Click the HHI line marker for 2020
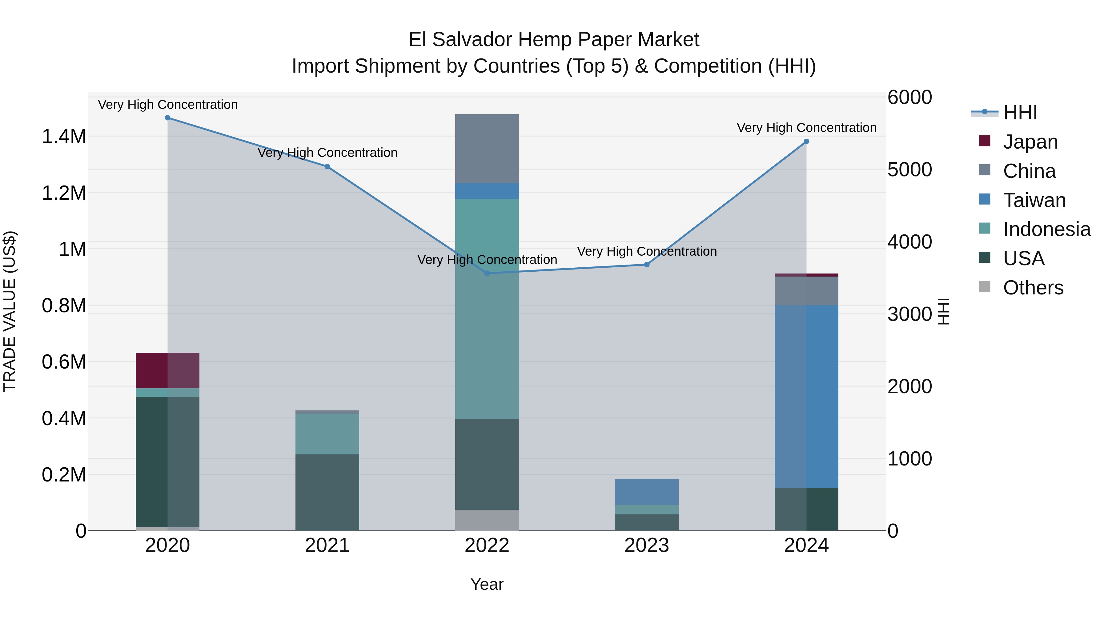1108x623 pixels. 168,118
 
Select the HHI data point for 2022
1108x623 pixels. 487,274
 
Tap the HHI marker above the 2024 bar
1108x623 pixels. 806,142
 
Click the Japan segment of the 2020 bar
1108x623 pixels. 168,371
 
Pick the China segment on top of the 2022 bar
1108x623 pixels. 487,149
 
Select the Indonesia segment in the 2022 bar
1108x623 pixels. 487,309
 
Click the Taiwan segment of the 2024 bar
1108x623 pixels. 806,397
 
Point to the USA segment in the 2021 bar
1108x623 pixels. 327,492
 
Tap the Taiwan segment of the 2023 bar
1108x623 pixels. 646,492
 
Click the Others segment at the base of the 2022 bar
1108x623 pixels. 487,520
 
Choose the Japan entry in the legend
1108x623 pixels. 1030,142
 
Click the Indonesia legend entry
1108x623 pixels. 1046,229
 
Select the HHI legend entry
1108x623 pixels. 1019,113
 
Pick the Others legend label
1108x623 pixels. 1033,288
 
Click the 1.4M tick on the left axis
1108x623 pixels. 64,137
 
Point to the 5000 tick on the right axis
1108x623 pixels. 909,170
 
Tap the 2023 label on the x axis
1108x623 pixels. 646,545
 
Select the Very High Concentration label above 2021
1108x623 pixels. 327,153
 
